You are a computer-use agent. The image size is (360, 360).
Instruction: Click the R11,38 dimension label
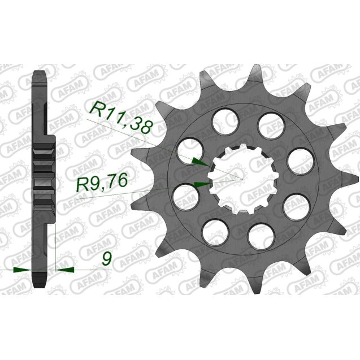click(x=119, y=116)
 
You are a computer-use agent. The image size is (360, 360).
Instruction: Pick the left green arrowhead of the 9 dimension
click(x=23, y=270)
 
